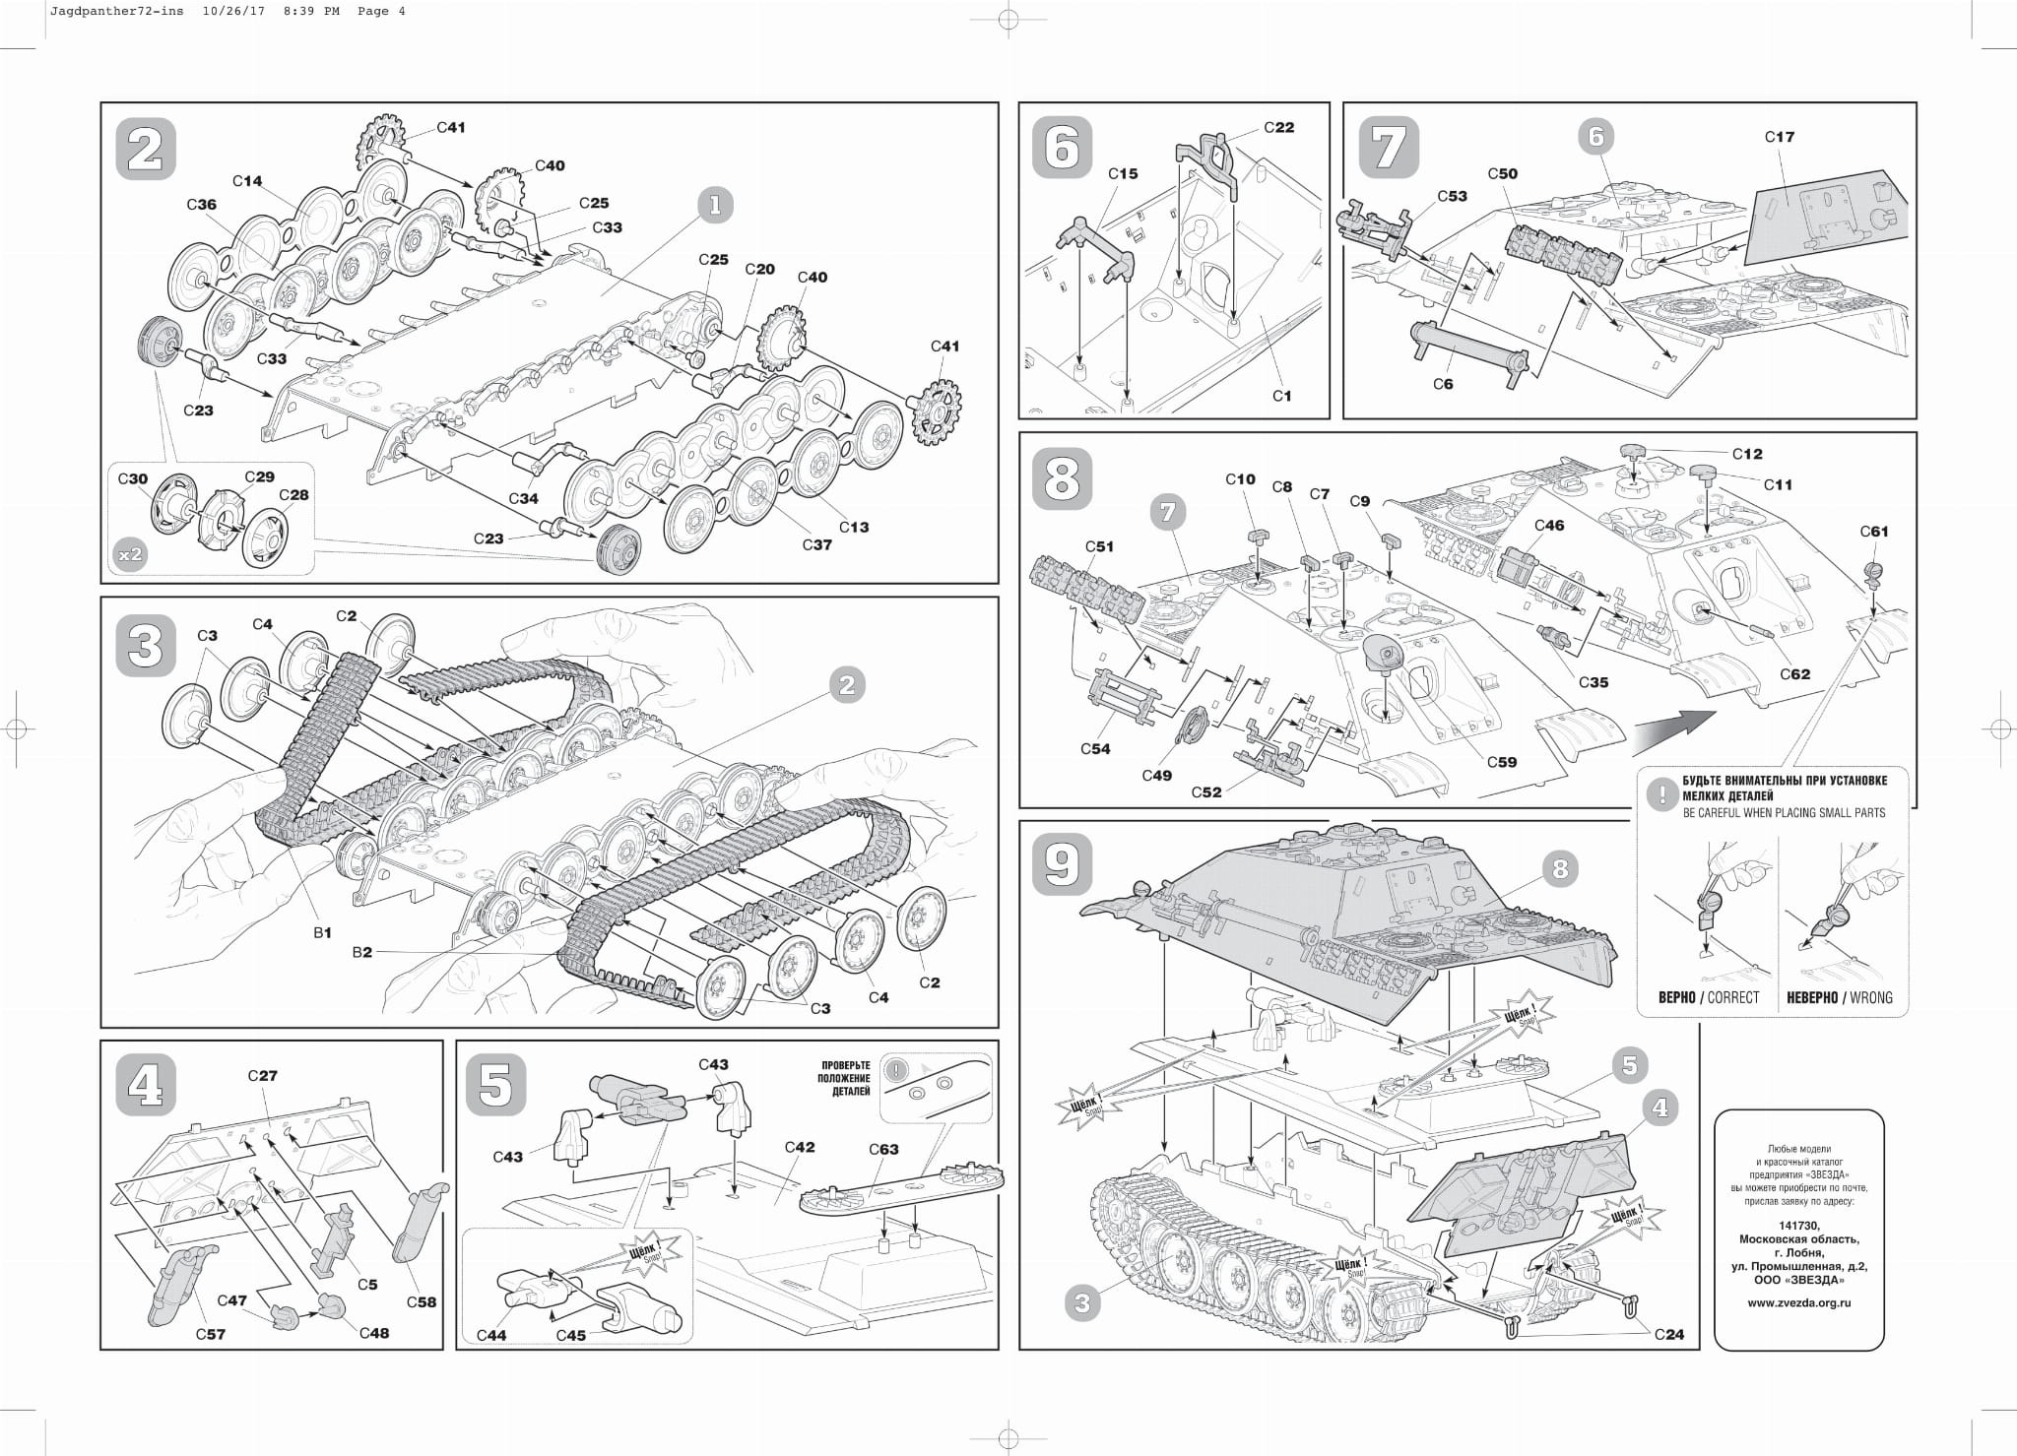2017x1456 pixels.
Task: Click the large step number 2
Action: pyautogui.click(x=146, y=150)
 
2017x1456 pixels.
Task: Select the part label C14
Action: pyautogui.click(x=247, y=181)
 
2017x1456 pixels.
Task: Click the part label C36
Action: pyautogui.click(x=201, y=205)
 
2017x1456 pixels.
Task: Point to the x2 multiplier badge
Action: pyautogui.click(x=130, y=554)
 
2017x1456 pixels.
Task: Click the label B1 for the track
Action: pyautogui.click(x=322, y=931)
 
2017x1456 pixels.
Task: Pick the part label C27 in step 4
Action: pyautogui.click(x=262, y=1076)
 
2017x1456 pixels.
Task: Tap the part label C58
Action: pyautogui.click(x=422, y=1301)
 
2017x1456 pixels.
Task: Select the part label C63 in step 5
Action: pyautogui.click(x=883, y=1149)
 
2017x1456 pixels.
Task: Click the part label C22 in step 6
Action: pyautogui.click(x=1278, y=128)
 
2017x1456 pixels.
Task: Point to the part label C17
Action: pyautogui.click(x=1779, y=137)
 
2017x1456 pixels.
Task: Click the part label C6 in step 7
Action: pyautogui.click(x=1442, y=384)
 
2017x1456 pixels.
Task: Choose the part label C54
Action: pyautogui.click(x=1094, y=749)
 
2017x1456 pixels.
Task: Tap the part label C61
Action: pyautogui.click(x=1874, y=532)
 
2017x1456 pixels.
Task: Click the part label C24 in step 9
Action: pyautogui.click(x=1669, y=1335)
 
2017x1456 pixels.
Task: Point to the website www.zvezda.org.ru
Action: pyautogui.click(x=1798, y=1302)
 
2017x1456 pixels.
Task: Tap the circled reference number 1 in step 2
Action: pyautogui.click(x=715, y=205)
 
